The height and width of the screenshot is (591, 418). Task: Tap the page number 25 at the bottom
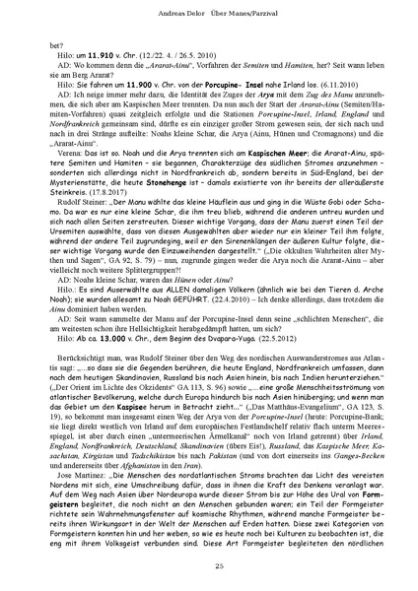click(x=209, y=562)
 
